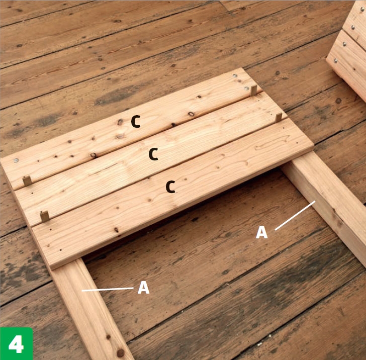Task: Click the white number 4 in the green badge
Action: (16, 344)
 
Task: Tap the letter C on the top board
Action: (136, 122)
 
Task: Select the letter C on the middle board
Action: (153, 154)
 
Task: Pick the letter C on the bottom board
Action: (170, 187)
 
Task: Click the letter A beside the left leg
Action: (144, 288)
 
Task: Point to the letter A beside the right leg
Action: (261, 232)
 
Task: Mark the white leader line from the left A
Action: (108, 290)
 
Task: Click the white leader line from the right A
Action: (295, 215)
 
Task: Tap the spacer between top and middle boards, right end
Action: (254, 91)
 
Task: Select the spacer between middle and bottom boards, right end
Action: (279, 118)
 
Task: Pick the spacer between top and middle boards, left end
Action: (27, 181)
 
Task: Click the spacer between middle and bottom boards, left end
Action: (45, 216)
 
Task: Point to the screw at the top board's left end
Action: (16, 160)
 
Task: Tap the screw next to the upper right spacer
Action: (247, 88)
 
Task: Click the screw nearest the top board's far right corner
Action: (235, 75)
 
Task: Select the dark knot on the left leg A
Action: (121, 353)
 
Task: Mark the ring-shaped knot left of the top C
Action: (120, 122)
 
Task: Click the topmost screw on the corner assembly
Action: (362, 9)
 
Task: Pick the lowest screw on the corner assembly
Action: (335, 61)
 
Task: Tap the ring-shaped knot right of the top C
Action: (191, 114)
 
